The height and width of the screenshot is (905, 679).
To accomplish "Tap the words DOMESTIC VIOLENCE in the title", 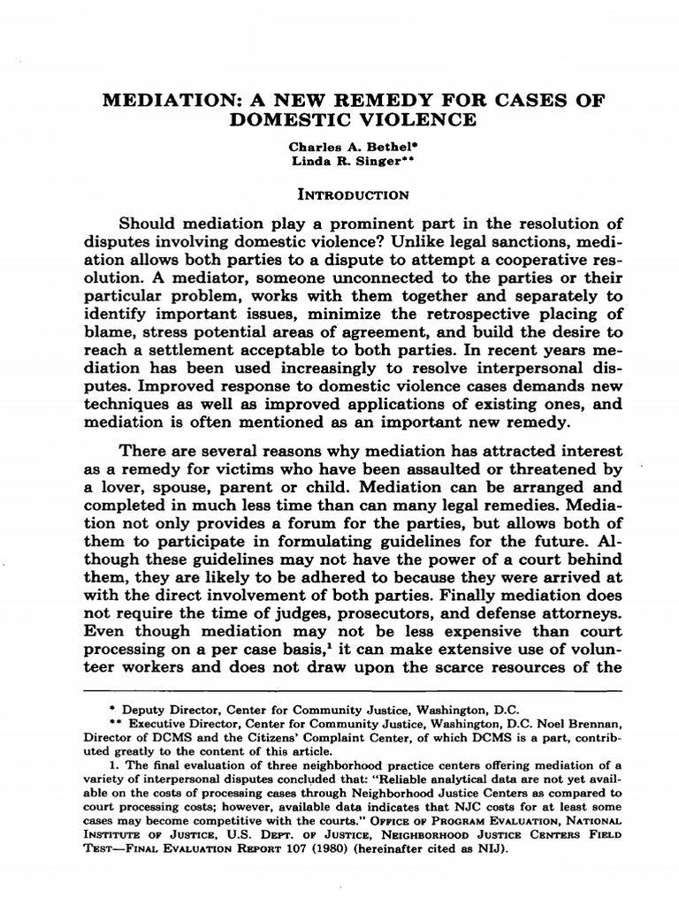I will (339, 119).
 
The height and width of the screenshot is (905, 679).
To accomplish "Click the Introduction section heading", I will (339, 194).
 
